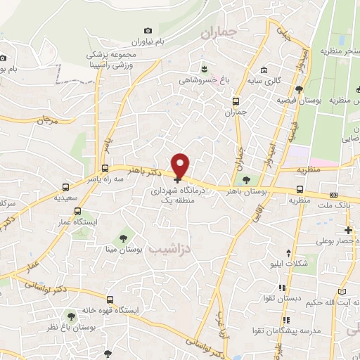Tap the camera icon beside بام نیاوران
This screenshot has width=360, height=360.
[148, 31]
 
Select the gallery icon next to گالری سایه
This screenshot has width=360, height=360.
[263, 70]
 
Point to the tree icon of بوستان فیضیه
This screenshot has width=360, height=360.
[300, 89]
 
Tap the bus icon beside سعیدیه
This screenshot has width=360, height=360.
[65, 188]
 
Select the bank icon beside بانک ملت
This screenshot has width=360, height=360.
[333, 195]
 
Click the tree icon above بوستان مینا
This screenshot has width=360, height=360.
[124, 236]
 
